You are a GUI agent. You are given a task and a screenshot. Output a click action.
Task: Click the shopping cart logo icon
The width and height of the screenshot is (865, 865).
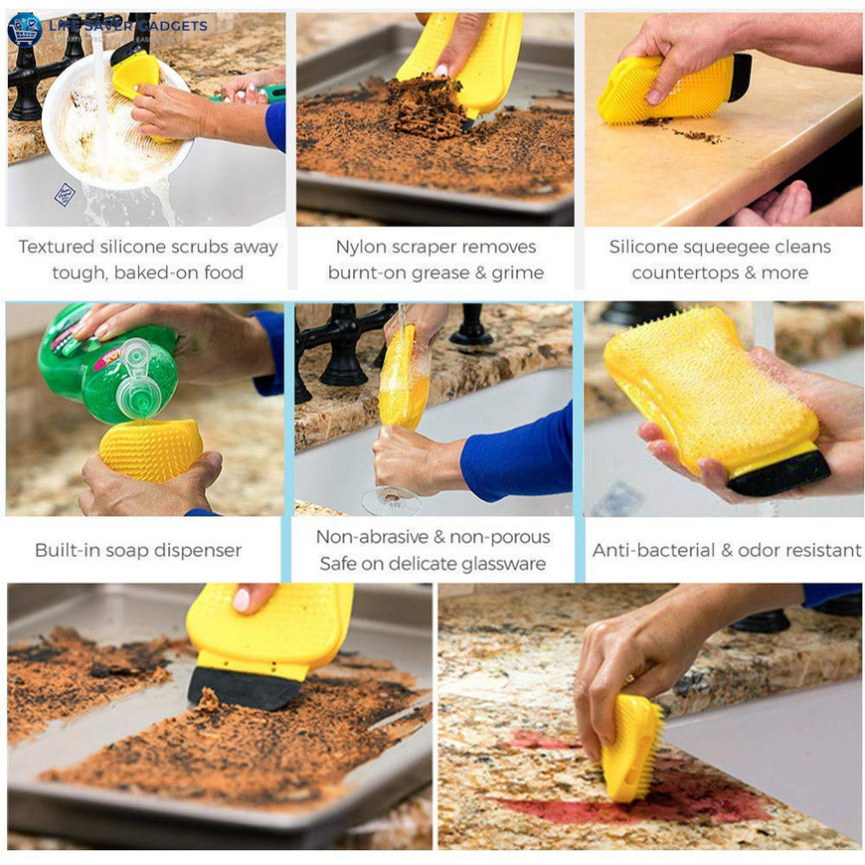[24, 28]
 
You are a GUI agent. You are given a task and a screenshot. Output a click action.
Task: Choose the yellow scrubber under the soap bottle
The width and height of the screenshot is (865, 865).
[149, 449]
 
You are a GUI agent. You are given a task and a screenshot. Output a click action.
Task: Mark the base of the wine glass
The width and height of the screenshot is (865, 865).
[391, 502]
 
